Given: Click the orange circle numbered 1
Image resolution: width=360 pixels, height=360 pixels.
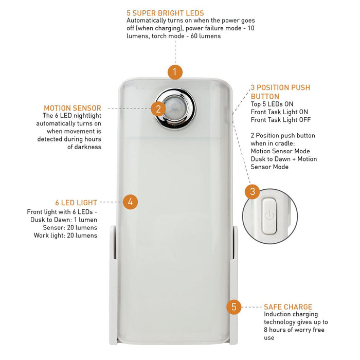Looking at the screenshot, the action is coord(175,72).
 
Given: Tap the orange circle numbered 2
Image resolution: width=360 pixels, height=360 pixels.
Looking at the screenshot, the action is coord(158,109).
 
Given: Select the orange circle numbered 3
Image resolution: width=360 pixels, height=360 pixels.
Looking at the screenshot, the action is coord(253,191).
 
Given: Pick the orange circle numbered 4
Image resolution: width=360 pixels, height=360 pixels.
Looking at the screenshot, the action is coord(131,202).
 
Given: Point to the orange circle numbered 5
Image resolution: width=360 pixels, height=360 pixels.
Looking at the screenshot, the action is coord(233,307).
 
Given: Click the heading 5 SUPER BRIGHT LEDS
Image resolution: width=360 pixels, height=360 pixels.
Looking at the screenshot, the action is coord(165,13).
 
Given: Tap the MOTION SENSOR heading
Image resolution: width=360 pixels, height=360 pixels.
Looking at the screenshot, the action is coord(73,108).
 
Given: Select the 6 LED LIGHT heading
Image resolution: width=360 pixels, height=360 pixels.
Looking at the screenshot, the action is coord(76,203).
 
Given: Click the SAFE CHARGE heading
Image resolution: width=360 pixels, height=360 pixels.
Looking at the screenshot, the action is coord(288,307).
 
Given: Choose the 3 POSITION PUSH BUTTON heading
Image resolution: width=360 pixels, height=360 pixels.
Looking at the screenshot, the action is coord(280,92).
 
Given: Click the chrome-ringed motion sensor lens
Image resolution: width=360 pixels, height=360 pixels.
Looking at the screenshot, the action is coord(175,109).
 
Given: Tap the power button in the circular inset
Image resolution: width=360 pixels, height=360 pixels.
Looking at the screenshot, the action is coord(269,217).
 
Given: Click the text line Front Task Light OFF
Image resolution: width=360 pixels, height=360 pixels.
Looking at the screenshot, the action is coord(281,120).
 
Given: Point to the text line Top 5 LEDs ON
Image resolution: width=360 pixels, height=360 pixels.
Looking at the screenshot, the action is coord(272,104).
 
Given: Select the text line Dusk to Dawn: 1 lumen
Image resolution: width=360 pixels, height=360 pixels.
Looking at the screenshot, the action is coord(64,220).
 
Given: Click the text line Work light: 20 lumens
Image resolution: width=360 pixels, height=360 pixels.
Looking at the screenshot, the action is coord(65,236).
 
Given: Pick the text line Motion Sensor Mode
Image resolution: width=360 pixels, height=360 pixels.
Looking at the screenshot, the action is coord(280,151).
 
